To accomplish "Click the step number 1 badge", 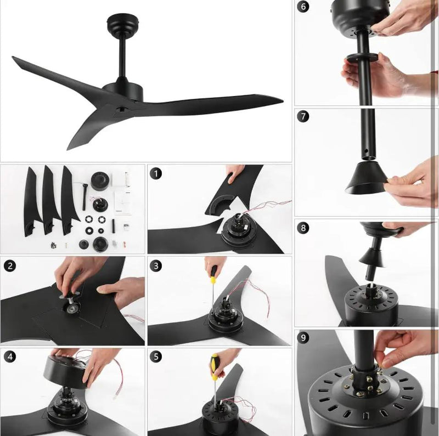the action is point(156,174).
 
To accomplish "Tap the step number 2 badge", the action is point(10,265).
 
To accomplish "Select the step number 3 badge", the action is point(156,265).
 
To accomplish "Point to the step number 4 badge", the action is point(10,357).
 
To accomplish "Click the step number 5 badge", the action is point(156,357).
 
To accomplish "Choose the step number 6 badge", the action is point(303,6).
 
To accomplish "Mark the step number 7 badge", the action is point(303,116).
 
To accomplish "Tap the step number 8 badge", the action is point(303,228).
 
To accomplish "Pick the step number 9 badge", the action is point(303,338).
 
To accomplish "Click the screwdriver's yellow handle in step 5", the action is point(215,366).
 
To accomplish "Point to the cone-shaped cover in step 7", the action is point(365,178).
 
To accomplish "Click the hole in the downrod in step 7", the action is point(366,151).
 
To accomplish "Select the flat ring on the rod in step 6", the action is point(363,58).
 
